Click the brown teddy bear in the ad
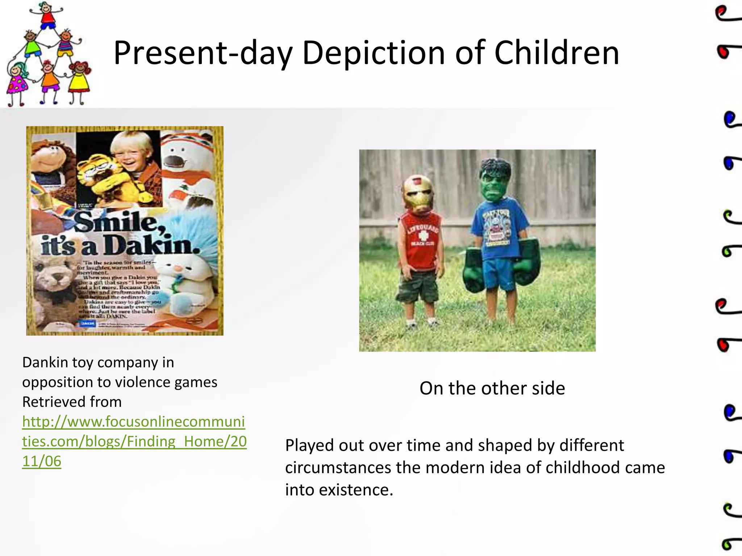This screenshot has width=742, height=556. (54, 282)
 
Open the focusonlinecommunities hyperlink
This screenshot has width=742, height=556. (134, 441)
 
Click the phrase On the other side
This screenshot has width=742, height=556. (492, 388)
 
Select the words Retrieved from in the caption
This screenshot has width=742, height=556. (72, 402)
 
